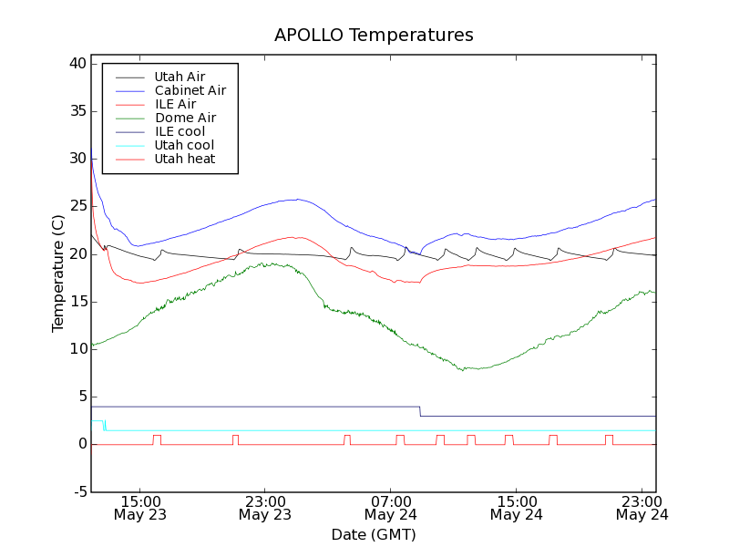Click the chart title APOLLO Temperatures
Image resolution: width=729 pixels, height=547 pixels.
tap(374, 36)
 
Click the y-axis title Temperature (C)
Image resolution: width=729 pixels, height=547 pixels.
tap(58, 273)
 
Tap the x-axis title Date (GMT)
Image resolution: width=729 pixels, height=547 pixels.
tap(374, 534)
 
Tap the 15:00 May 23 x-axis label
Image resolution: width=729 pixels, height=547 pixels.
tap(139, 508)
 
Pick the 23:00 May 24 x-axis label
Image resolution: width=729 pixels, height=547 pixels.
tap(642, 508)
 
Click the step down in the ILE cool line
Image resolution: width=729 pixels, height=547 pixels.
tap(420, 411)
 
